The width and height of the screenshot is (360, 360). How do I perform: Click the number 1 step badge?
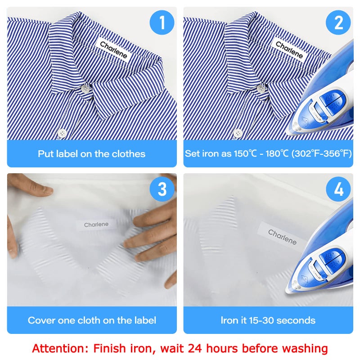click(162, 22)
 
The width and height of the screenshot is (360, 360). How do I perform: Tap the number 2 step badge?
click(338, 22)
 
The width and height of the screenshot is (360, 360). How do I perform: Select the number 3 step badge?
click(162, 189)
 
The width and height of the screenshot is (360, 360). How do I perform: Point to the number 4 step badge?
click(338, 189)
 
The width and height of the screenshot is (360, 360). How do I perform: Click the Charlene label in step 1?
click(113, 50)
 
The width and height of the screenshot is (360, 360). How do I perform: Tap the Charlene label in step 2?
click(289, 50)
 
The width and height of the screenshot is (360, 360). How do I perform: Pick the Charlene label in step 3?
click(96, 225)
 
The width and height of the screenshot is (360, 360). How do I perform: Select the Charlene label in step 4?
click(283, 237)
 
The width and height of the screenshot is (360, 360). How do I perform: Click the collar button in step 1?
click(85, 89)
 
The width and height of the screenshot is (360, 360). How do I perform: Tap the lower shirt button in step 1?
click(62, 133)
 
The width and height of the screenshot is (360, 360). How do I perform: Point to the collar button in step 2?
click(261, 89)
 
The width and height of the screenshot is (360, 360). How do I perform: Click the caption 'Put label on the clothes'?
click(92, 153)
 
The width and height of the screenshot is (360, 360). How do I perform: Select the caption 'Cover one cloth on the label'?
click(92, 320)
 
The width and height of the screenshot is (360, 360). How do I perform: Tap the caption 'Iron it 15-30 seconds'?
click(268, 320)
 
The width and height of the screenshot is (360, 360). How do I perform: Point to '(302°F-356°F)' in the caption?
click(321, 153)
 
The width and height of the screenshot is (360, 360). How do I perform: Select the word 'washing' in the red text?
click(305, 348)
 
